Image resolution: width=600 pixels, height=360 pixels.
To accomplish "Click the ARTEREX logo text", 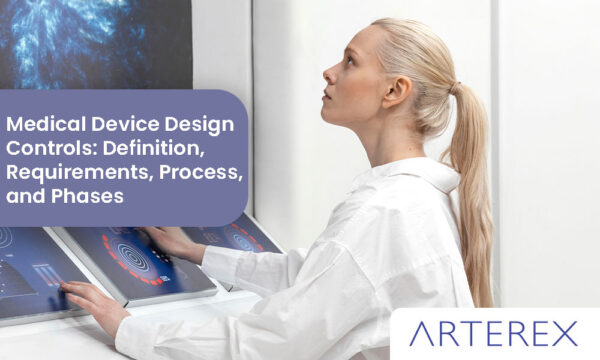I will pyautogui.click(x=493, y=333).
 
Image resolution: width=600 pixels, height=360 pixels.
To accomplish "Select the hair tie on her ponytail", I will pyautogui.click(x=455, y=89).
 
